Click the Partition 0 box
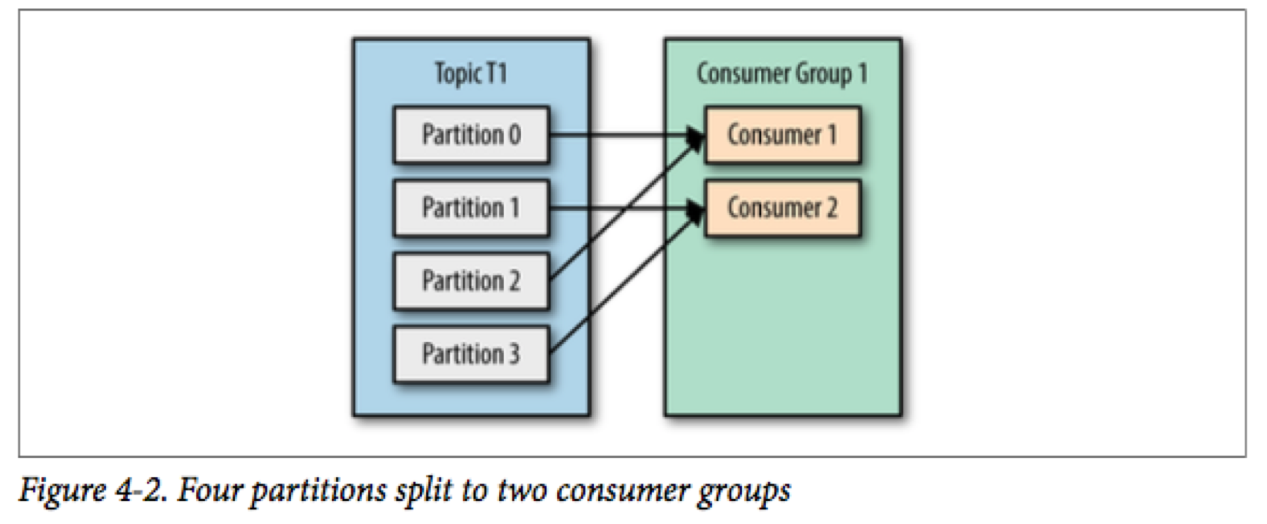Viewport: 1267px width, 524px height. (x=471, y=134)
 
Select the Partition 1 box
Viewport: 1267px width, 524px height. (x=471, y=208)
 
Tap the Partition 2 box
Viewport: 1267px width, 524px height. (x=471, y=281)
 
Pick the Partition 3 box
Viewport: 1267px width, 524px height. (x=471, y=354)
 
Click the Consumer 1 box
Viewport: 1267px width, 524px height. (x=782, y=134)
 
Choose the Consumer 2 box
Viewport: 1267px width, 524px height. (x=782, y=208)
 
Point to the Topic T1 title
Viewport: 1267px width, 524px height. (x=471, y=73)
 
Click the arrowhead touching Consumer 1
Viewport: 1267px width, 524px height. (x=695, y=137)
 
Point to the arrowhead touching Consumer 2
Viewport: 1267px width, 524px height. (x=695, y=210)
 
